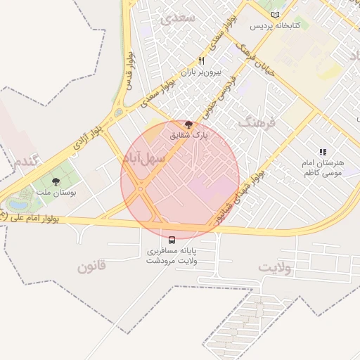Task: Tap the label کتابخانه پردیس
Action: (276, 26)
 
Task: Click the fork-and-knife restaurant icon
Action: (202, 61)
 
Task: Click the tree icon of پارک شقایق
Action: (188, 124)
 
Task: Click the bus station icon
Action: (172, 239)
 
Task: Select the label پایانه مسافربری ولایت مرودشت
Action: (172, 255)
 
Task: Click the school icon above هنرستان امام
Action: (323, 151)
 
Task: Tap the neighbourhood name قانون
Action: (91, 266)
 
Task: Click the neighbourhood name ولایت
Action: (274, 268)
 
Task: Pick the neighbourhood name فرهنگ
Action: (259, 122)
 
